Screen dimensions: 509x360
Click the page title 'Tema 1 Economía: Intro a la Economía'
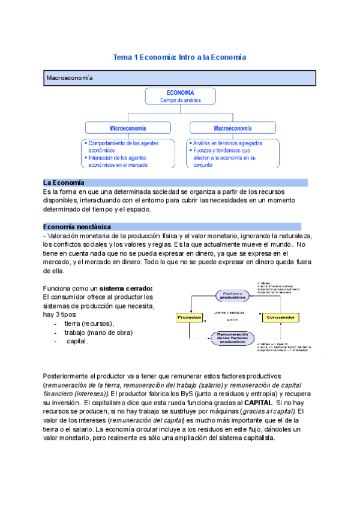[180, 57]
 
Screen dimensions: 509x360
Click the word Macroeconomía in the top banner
[70, 78]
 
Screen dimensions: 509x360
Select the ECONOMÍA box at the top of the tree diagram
[180, 97]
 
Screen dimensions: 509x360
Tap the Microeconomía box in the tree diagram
[130, 128]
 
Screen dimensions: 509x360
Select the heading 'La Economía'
[64, 182]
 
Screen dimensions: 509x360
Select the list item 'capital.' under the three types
[77, 341]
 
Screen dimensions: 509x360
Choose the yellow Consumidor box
[280, 317]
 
